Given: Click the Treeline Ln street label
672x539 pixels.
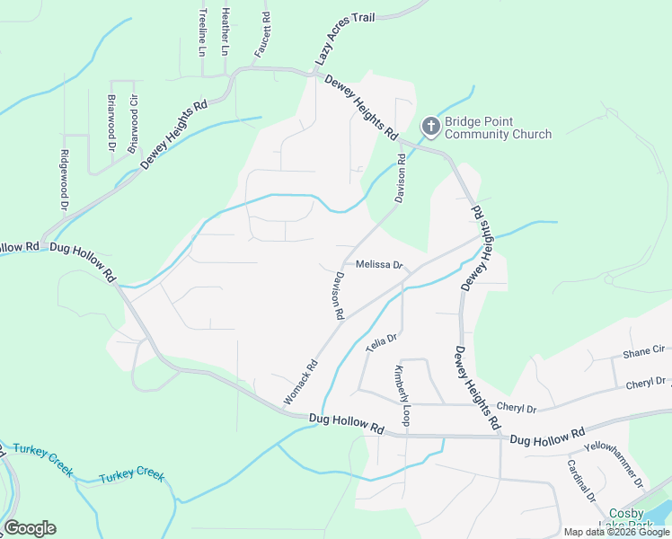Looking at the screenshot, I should click(203, 33).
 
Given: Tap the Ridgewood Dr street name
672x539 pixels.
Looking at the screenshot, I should click(64, 180).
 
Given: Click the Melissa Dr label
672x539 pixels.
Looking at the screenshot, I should click(378, 265).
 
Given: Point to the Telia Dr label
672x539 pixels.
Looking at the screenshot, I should click(381, 340).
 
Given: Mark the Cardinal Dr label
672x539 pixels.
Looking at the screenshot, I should click(581, 480).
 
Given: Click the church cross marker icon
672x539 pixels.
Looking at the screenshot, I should click(430, 128).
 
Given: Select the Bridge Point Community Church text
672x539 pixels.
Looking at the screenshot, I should click(498, 128).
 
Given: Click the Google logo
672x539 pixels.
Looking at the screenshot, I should click(30, 527).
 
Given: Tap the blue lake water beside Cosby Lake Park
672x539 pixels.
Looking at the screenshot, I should click(663, 514).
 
